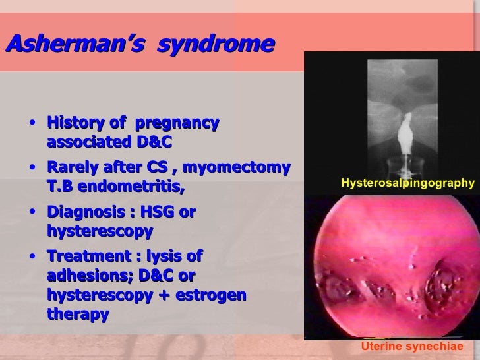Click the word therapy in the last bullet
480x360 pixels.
pos(78,315)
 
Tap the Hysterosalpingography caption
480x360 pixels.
pos(407,183)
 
